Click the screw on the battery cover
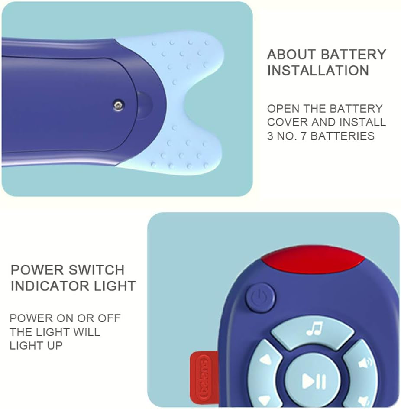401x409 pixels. coord(119,105)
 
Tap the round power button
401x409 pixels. coord(260,298)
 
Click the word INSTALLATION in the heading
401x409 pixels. coord(318,71)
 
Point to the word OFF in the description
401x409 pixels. coord(109,318)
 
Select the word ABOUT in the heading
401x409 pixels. coord(292,55)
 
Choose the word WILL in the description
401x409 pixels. coord(87,332)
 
